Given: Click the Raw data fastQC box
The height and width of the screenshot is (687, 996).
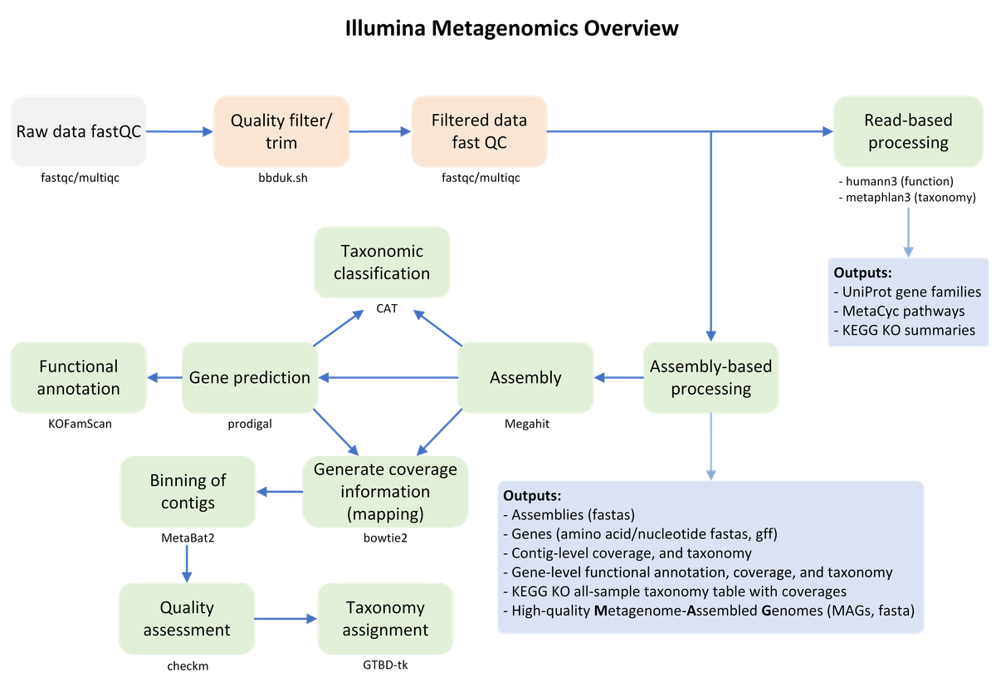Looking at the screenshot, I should [79, 131].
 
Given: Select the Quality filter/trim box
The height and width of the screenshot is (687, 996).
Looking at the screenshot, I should [281, 131].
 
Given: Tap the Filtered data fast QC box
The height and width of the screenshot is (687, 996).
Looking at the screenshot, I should [479, 131].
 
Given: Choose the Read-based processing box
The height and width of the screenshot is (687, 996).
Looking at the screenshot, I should [908, 131].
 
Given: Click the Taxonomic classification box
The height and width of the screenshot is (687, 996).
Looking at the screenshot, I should [383, 262].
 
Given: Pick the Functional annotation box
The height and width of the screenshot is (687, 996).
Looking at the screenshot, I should [79, 377].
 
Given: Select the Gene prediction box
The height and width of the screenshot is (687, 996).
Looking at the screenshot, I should [250, 377].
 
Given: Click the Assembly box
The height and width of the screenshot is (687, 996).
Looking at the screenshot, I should [525, 377].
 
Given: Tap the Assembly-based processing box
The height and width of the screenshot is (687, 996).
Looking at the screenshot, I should [710, 377].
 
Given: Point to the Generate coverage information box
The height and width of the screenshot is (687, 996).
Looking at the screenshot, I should [385, 492].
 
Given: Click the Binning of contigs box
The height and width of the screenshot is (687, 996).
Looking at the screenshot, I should [188, 492].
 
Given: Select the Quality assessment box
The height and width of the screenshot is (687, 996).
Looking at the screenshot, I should [187, 619].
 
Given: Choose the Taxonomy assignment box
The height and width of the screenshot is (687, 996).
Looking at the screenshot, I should [385, 619].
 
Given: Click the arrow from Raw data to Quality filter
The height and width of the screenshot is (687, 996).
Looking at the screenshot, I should [180, 131].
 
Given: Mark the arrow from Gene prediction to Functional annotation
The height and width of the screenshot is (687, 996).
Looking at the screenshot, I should [164, 377].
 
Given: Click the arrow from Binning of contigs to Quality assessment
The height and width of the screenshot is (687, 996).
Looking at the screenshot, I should [187, 563].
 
